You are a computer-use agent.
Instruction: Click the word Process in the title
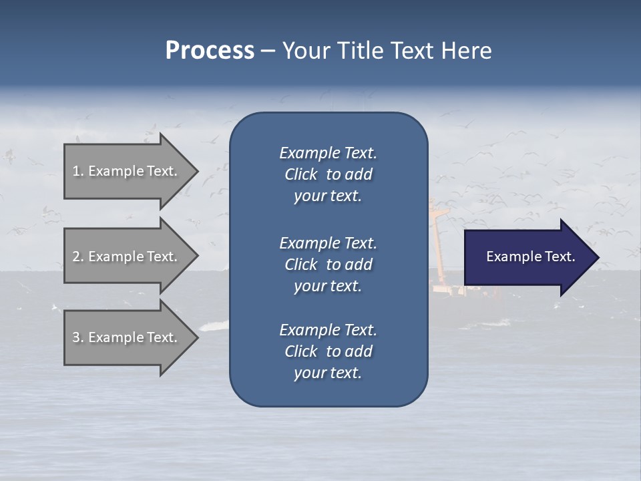pos(210,51)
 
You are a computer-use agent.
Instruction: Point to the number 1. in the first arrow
pos(78,171)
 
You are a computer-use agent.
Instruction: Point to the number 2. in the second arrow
pos(78,257)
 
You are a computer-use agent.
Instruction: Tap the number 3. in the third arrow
pos(78,337)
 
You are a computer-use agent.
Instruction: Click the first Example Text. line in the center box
pos(328,153)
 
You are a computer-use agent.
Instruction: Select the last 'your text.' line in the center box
pos(328,373)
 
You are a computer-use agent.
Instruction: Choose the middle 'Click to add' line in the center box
pos(328,265)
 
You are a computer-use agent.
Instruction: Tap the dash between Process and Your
pos(268,51)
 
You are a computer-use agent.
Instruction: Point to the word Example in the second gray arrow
pos(116,257)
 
